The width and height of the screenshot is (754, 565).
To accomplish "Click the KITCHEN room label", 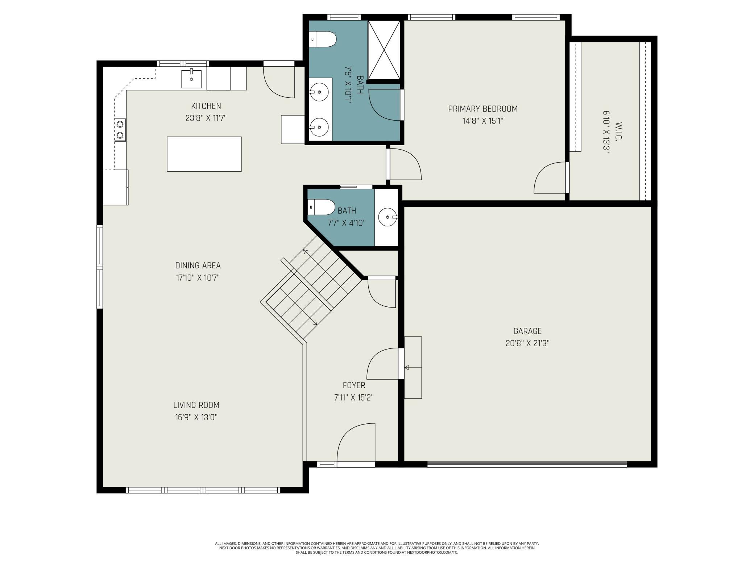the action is point(206,106).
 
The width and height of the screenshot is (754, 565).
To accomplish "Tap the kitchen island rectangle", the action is point(204,154).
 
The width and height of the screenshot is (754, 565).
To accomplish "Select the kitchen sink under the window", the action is point(191,79).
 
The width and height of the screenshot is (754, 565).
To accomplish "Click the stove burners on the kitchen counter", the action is point(120,129).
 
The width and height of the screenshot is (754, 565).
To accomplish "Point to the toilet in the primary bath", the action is point(323,39).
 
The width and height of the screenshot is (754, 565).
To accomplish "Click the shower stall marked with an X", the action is point(384,50).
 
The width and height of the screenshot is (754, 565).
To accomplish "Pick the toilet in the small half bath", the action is point(321,207).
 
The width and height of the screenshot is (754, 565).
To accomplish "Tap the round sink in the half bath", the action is point(388,217).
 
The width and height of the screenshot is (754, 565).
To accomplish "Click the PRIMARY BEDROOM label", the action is point(483,109).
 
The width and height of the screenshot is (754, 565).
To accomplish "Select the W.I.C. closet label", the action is point(618,132).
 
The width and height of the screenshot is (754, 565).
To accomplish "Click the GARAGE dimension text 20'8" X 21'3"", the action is point(527,343).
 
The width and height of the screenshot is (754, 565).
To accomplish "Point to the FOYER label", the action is point(354,385).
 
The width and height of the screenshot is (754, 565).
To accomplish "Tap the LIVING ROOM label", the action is point(196,405).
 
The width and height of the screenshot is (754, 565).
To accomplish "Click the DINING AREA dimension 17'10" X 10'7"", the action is point(198,278).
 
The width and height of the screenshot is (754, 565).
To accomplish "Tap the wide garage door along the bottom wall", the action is point(527,464).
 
